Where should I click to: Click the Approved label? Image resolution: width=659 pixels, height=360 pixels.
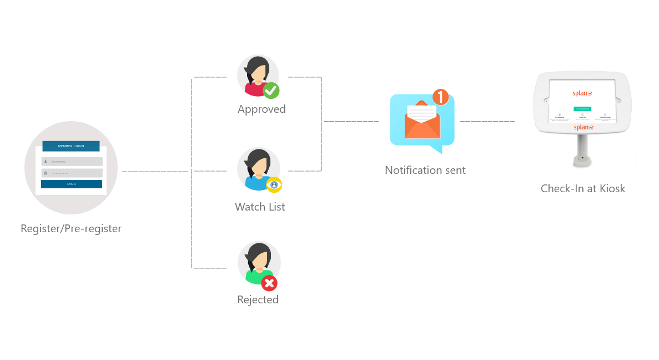(261, 109)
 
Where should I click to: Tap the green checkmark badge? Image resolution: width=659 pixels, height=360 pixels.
(270, 90)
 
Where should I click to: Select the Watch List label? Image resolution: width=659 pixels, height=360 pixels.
(260, 207)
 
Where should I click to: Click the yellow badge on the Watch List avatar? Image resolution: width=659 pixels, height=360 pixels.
(274, 184)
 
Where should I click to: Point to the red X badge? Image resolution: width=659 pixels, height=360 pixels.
(269, 284)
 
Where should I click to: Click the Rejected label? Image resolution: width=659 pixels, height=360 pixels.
(258, 300)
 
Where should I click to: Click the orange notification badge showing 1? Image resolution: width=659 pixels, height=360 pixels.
(440, 97)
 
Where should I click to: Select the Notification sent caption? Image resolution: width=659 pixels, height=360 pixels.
(425, 170)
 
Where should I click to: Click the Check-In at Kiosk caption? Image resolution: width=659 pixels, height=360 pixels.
(583, 189)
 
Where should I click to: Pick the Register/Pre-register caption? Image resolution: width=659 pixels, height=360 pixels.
(71, 228)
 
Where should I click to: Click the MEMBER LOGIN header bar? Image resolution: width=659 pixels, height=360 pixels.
(71, 146)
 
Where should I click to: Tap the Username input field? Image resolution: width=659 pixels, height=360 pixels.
(72, 162)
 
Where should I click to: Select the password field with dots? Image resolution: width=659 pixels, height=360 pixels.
(72, 173)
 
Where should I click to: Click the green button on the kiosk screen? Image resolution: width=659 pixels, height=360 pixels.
(582, 109)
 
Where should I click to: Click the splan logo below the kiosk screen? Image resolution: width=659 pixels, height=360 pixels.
(583, 127)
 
